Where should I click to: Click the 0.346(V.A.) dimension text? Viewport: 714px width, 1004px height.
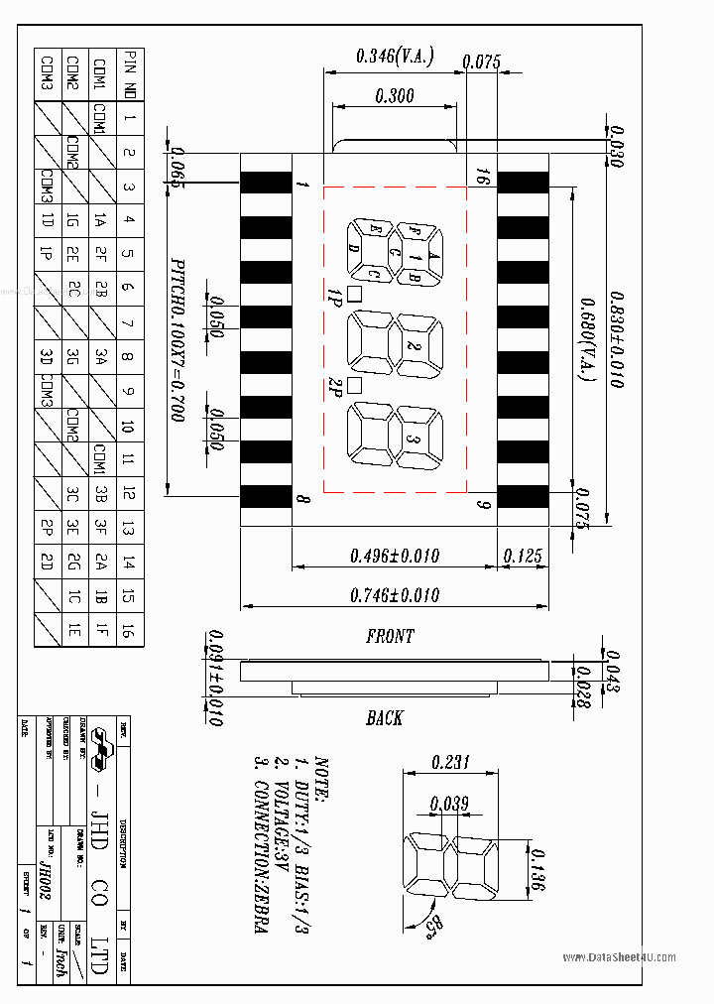[x=394, y=58]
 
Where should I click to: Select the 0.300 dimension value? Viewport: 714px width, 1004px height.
[x=395, y=96]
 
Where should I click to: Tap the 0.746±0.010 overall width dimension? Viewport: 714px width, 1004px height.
[x=394, y=595]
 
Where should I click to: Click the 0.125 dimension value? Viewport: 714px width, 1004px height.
[x=523, y=557]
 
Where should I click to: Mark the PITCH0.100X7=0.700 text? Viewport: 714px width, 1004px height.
[x=178, y=341]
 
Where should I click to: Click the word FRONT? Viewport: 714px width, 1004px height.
[x=390, y=637]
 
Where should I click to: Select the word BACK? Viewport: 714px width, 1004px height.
[x=384, y=717]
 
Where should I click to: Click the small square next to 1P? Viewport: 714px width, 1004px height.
[x=355, y=294]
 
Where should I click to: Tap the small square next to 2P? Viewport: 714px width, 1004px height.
[x=355, y=386]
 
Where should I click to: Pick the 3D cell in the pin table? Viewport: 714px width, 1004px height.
[x=47, y=356]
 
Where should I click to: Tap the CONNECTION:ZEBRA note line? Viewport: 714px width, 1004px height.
[x=260, y=843]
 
